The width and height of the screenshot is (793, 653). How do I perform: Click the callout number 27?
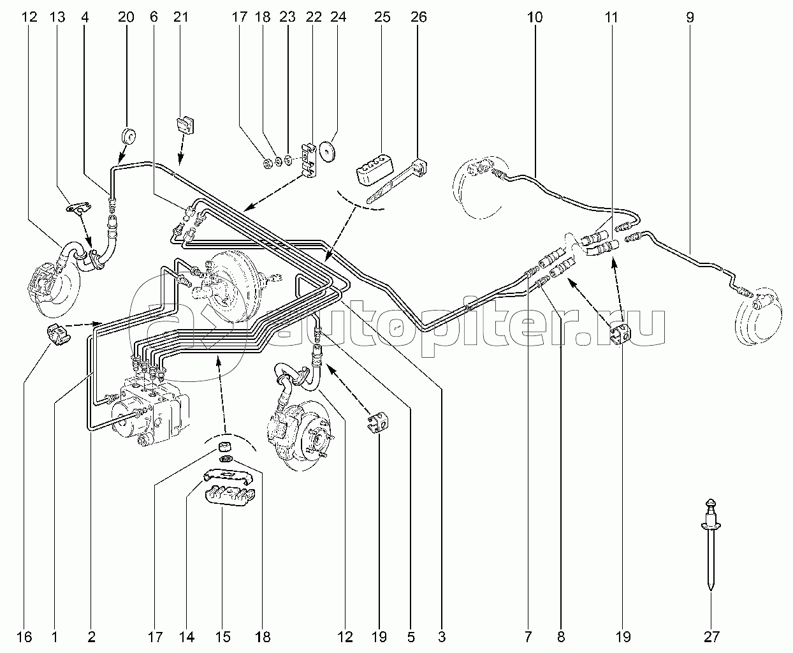711,637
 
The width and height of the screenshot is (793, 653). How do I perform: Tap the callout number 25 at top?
382,17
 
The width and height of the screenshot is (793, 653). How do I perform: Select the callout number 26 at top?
418,17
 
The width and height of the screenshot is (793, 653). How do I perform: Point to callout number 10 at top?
535,17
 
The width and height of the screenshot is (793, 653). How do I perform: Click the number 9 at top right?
690,17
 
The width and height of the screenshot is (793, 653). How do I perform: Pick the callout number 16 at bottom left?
24,637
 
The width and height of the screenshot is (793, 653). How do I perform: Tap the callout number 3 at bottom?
442,637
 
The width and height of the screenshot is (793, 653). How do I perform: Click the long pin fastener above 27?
711,550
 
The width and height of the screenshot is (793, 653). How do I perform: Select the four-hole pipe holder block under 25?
374,168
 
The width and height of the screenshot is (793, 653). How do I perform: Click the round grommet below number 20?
129,136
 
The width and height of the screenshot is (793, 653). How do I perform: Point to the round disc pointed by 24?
328,151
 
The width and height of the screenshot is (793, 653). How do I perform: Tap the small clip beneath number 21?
186,124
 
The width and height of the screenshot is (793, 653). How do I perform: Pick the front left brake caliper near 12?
41,282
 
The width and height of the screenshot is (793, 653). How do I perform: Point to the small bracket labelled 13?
78,208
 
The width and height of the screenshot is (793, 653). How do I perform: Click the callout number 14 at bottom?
186,637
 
